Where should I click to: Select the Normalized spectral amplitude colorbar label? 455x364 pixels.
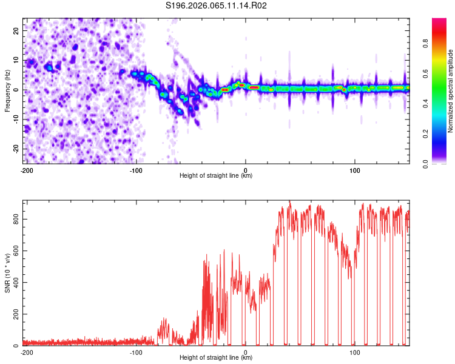451,91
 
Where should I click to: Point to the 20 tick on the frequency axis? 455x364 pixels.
17,30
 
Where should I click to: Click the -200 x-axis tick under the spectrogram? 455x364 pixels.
26,170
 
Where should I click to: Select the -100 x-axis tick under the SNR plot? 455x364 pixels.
136,352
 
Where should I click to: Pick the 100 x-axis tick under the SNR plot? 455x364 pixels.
355,352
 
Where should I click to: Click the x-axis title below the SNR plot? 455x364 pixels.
216,358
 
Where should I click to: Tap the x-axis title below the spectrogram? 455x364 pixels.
216,175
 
